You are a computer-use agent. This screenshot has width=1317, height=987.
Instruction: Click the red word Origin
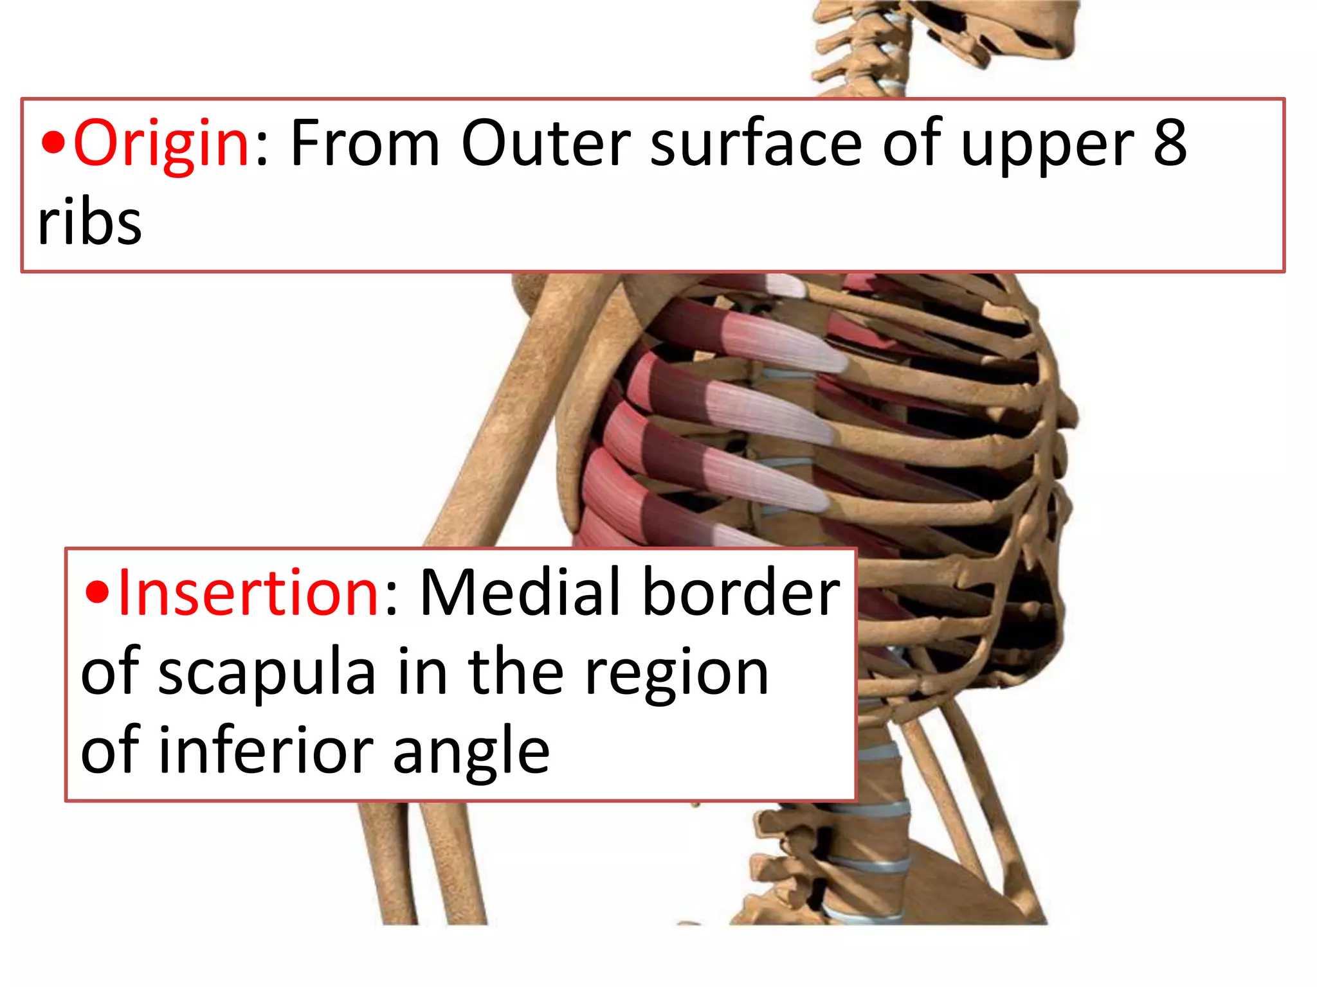click(x=161, y=145)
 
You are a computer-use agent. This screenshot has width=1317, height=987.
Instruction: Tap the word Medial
click(x=521, y=592)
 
